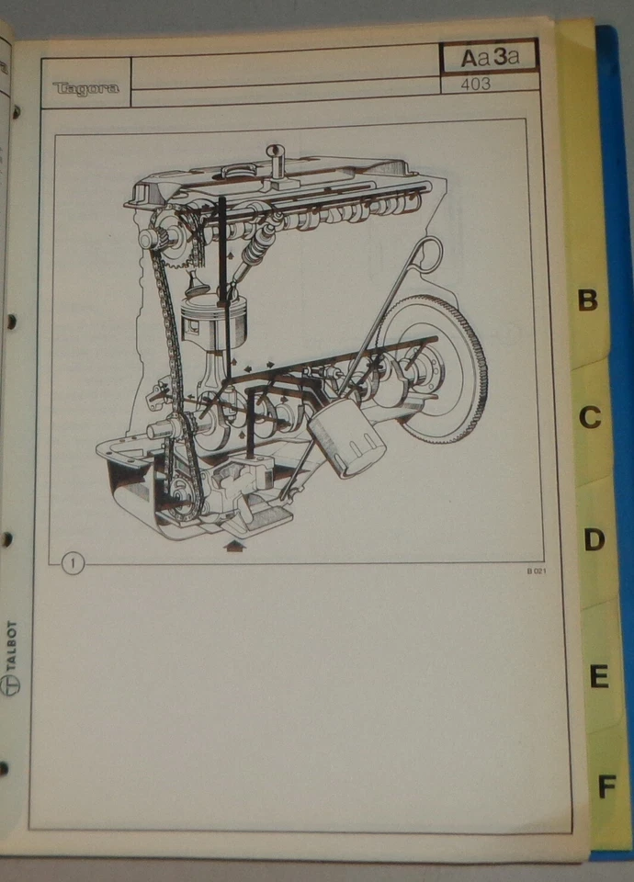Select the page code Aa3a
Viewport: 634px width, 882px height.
pyautogui.click(x=489, y=58)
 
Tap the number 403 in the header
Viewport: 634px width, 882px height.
pyautogui.click(x=476, y=84)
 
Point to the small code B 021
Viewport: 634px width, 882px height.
pyautogui.click(x=536, y=571)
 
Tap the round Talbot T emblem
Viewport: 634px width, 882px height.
pyautogui.click(x=12, y=685)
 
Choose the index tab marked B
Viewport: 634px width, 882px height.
pyautogui.click(x=587, y=300)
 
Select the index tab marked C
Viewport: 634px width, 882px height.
pyautogui.click(x=590, y=418)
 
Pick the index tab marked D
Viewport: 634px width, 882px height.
pyautogui.click(x=594, y=539)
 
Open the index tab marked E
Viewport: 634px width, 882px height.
pyautogui.click(x=598, y=677)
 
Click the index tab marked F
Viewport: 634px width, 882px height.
pyautogui.click(x=606, y=786)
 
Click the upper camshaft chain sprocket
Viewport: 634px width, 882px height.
pyautogui.click(x=170, y=230)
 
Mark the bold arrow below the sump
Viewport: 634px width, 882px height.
pyautogui.click(x=234, y=546)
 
